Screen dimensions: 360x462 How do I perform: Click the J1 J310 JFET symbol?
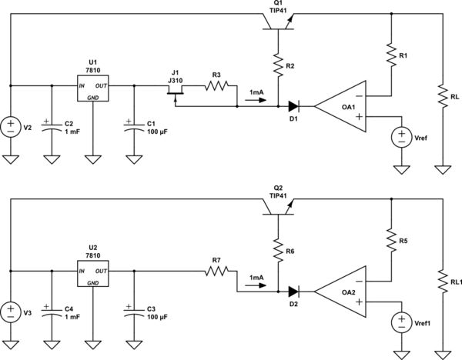pyautogui.click(x=174, y=91)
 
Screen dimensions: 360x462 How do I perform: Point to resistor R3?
pyautogui.click(x=216, y=87)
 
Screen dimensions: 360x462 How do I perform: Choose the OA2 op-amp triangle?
pyautogui.click(x=339, y=291)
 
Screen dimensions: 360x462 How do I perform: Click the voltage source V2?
pyautogui.click(x=11, y=126)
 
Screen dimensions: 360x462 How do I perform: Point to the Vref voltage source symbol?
pyautogui.click(x=401, y=137)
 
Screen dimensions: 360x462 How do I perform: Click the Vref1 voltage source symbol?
pyautogui.click(x=401, y=322)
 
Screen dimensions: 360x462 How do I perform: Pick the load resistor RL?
pyautogui.click(x=443, y=95)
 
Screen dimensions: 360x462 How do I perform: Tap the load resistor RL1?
pyautogui.click(x=443, y=280)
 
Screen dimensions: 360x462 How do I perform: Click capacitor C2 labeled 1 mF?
pyautogui.click(x=51, y=126)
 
